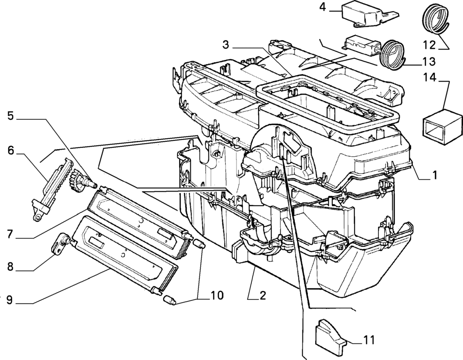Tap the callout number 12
(429, 46)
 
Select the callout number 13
(429, 62)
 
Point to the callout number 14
(430, 78)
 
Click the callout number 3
(226, 45)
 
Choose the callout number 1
(435, 175)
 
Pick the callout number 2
(263, 295)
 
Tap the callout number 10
(217, 295)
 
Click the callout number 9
(10, 300)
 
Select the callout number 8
(10, 267)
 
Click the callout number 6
(11, 151)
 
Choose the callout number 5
(11, 116)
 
